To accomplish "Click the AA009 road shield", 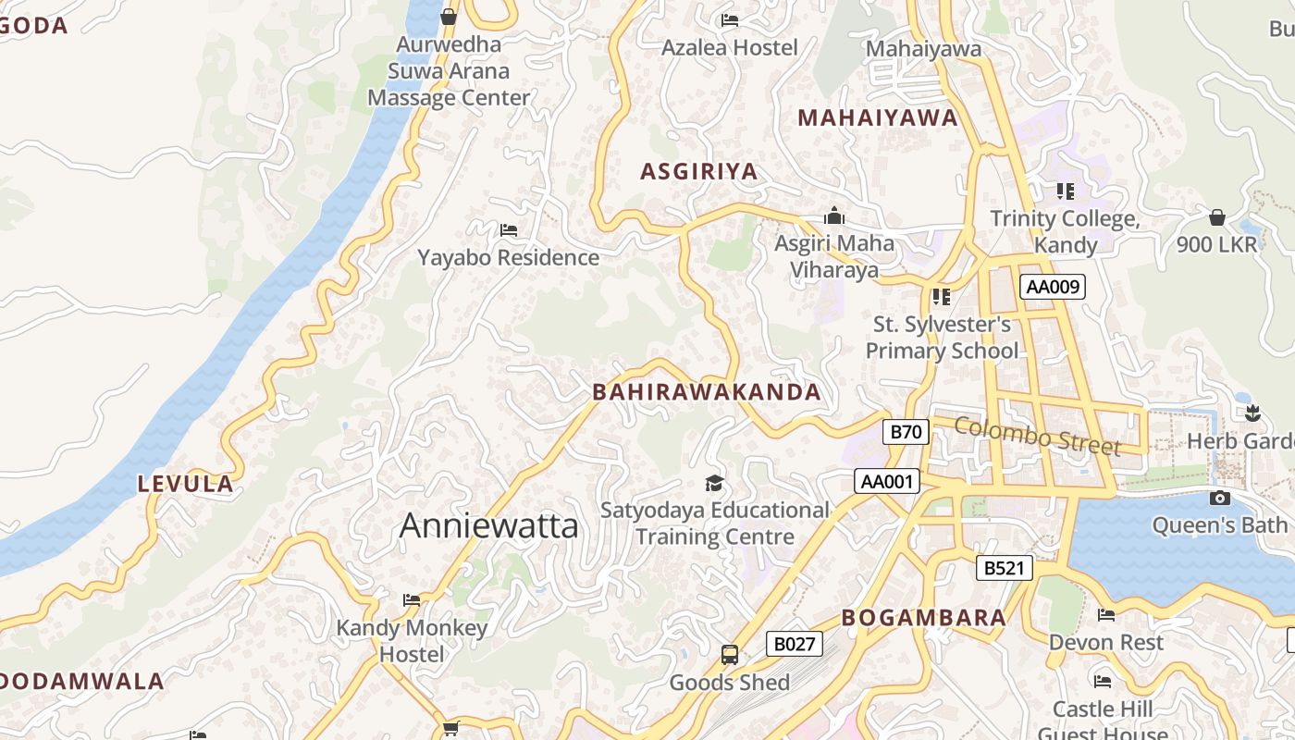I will pos(1053,287).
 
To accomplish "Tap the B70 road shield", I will pos(906,431).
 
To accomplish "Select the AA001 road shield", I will pos(886,481).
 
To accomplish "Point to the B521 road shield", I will pos(1004,568).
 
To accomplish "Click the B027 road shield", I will pos(794,644).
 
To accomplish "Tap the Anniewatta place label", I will pos(488,526).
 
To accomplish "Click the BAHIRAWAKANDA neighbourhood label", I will pos(707,392).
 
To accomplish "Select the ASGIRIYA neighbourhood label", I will pos(698,171).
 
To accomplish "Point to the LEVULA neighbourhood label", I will pos(185,484).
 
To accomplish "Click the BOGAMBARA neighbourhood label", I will pos(923,618).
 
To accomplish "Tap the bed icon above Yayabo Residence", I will pos(508,229).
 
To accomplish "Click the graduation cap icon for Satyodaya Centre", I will pos(714,483).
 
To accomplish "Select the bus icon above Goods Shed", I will pos(729,655).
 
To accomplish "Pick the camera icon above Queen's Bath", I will pos(1219,499).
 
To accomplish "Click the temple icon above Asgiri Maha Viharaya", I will pos(834,216).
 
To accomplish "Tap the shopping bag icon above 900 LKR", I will pos(1216,217).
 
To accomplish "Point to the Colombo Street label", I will pos(1037,436).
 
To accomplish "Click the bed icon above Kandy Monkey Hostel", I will pos(412,600).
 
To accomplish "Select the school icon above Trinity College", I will pos(1065,191).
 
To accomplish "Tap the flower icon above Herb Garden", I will pos(1252,413).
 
